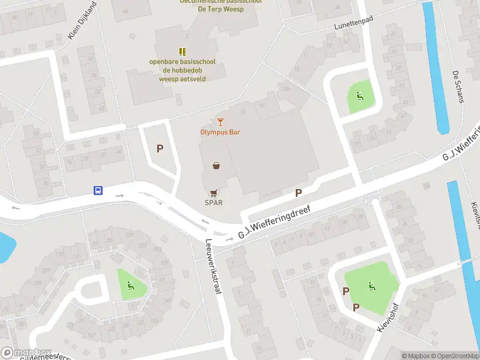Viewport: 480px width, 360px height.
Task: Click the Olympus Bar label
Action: coord(220,132)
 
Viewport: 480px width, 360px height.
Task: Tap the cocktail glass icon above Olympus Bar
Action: coord(220,122)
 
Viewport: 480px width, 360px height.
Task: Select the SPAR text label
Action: coord(214,202)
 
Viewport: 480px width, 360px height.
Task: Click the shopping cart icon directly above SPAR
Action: coord(214,193)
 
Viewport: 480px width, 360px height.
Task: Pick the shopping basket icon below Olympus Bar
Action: coord(216,165)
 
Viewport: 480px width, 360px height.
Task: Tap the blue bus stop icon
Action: coord(97,191)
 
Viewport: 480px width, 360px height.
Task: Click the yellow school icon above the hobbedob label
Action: coord(182,52)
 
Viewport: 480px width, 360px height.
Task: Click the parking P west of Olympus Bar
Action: coord(160,148)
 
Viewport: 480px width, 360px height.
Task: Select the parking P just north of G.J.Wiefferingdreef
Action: coord(298,193)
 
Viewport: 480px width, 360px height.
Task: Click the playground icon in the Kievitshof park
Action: coord(372,286)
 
